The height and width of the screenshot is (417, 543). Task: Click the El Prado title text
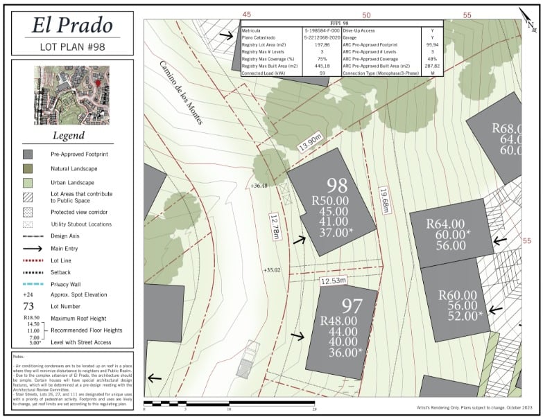pos(71,25)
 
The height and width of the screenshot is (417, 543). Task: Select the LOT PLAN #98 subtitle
pos(72,47)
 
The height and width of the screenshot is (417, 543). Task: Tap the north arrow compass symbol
pos(531,27)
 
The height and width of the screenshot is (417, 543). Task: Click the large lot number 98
pos(338,185)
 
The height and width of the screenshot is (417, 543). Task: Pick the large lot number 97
pos(352,305)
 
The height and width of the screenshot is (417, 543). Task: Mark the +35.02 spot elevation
pos(274,269)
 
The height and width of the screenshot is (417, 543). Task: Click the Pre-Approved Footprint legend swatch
pos(27,154)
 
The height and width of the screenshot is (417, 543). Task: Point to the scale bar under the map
pos(230,403)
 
